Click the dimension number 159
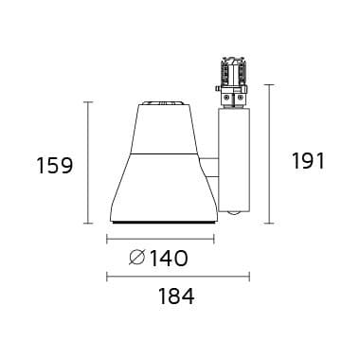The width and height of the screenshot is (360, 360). coord(55,166)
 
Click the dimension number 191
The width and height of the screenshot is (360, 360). coord(308,161)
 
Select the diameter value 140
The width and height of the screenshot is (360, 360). coord(169,259)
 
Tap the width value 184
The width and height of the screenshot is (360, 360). coord(176,297)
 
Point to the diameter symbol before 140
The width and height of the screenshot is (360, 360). coord(137,259)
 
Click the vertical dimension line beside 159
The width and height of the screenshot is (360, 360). coord(89,163)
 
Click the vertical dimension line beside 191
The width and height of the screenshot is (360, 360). coord(269,153)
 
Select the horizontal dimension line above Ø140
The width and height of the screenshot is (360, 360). coord(161,239)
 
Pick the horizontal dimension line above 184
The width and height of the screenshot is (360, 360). coord(178,277)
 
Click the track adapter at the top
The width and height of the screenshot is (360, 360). coord(233,82)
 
